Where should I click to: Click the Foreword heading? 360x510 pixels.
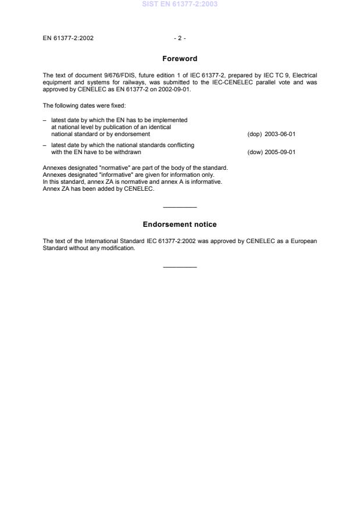[180, 58]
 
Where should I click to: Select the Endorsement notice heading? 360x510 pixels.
[180, 224]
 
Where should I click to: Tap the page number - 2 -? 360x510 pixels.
[180, 38]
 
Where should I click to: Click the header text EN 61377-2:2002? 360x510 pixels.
[68, 38]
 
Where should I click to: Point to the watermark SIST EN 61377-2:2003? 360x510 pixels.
[180, 5]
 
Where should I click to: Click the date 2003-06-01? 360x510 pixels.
[280, 134]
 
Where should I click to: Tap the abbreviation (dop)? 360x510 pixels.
[255, 134]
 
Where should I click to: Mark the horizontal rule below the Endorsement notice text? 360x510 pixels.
[180, 267]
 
